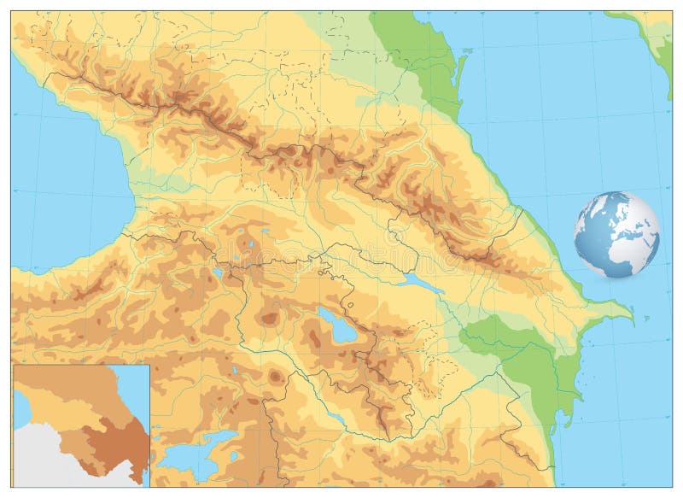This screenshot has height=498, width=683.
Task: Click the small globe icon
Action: point(616,235)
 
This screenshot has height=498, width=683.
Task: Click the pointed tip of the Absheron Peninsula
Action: point(631,319)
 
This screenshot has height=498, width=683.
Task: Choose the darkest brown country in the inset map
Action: point(115,436)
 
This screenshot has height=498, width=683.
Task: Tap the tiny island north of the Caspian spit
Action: point(468,51)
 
